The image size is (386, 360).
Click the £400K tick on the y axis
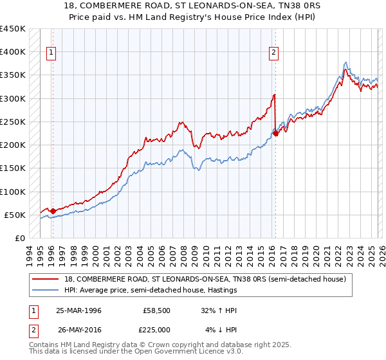[x=12, y=52]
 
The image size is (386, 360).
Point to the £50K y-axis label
[x=15, y=215]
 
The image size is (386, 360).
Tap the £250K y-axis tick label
[x=12, y=122]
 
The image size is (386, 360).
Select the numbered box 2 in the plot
[x=274, y=53]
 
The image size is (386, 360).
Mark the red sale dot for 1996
[x=53, y=210]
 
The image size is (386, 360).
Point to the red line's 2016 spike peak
[x=274, y=95]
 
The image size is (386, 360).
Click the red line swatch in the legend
[x=46, y=279]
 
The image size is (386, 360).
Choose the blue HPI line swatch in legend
[x=46, y=291]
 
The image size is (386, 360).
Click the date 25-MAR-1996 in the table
[x=78, y=310]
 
